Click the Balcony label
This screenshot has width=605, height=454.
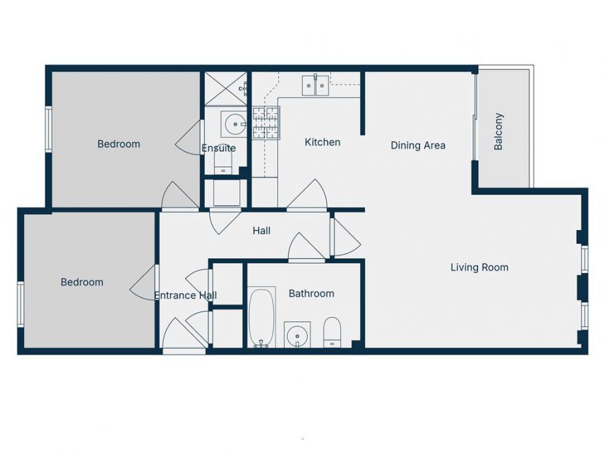click(x=499, y=131)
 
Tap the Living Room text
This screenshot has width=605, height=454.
click(x=479, y=268)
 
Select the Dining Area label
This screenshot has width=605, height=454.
click(x=418, y=145)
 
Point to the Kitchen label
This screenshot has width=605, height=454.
click(x=323, y=142)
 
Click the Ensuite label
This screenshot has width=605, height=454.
click(x=218, y=148)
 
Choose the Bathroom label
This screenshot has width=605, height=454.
click(x=311, y=293)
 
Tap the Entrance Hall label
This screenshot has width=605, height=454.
click(x=185, y=295)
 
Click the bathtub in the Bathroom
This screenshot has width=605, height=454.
click(x=261, y=317)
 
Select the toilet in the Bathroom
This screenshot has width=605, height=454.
click(x=333, y=332)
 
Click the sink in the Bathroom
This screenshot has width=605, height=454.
click(x=297, y=334)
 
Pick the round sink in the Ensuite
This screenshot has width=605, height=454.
click(x=235, y=124)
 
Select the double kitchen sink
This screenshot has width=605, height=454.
click(x=315, y=85)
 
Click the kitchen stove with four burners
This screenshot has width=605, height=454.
click(x=266, y=123)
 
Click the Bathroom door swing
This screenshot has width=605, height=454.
click(x=306, y=248)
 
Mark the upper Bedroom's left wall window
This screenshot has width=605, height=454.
click(x=48, y=129)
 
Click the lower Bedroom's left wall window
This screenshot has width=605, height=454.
click(x=21, y=304)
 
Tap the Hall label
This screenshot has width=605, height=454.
click(x=261, y=231)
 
